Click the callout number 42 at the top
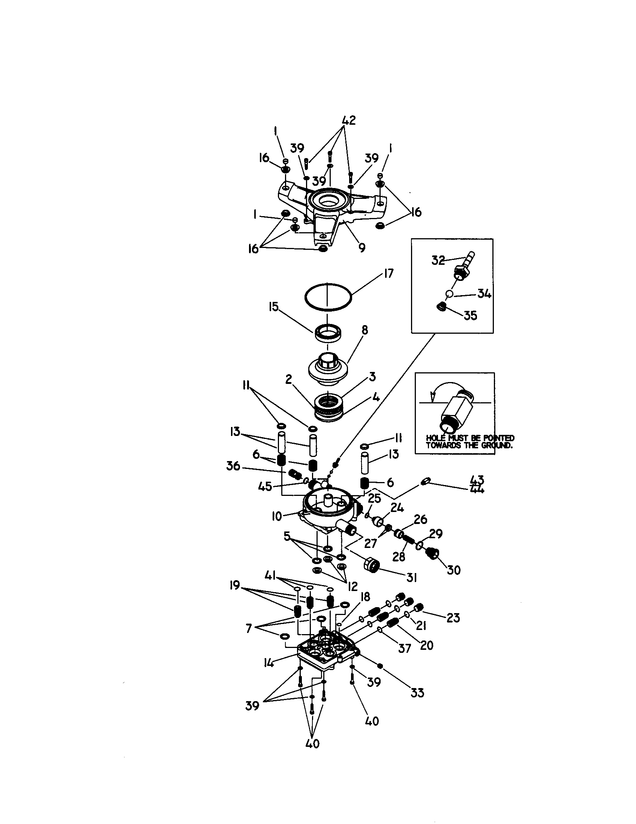pyautogui.click(x=349, y=120)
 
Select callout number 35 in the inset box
pyautogui.click(x=470, y=315)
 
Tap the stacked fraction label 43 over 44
pyautogui.click(x=477, y=485)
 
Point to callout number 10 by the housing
pyautogui.click(x=277, y=516)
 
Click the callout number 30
pyautogui.click(x=454, y=570)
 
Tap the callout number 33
pyautogui.click(x=417, y=693)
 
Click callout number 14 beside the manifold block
pyautogui.click(x=269, y=663)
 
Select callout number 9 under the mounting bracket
pyautogui.click(x=362, y=248)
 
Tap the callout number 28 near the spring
pyautogui.click(x=399, y=556)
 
